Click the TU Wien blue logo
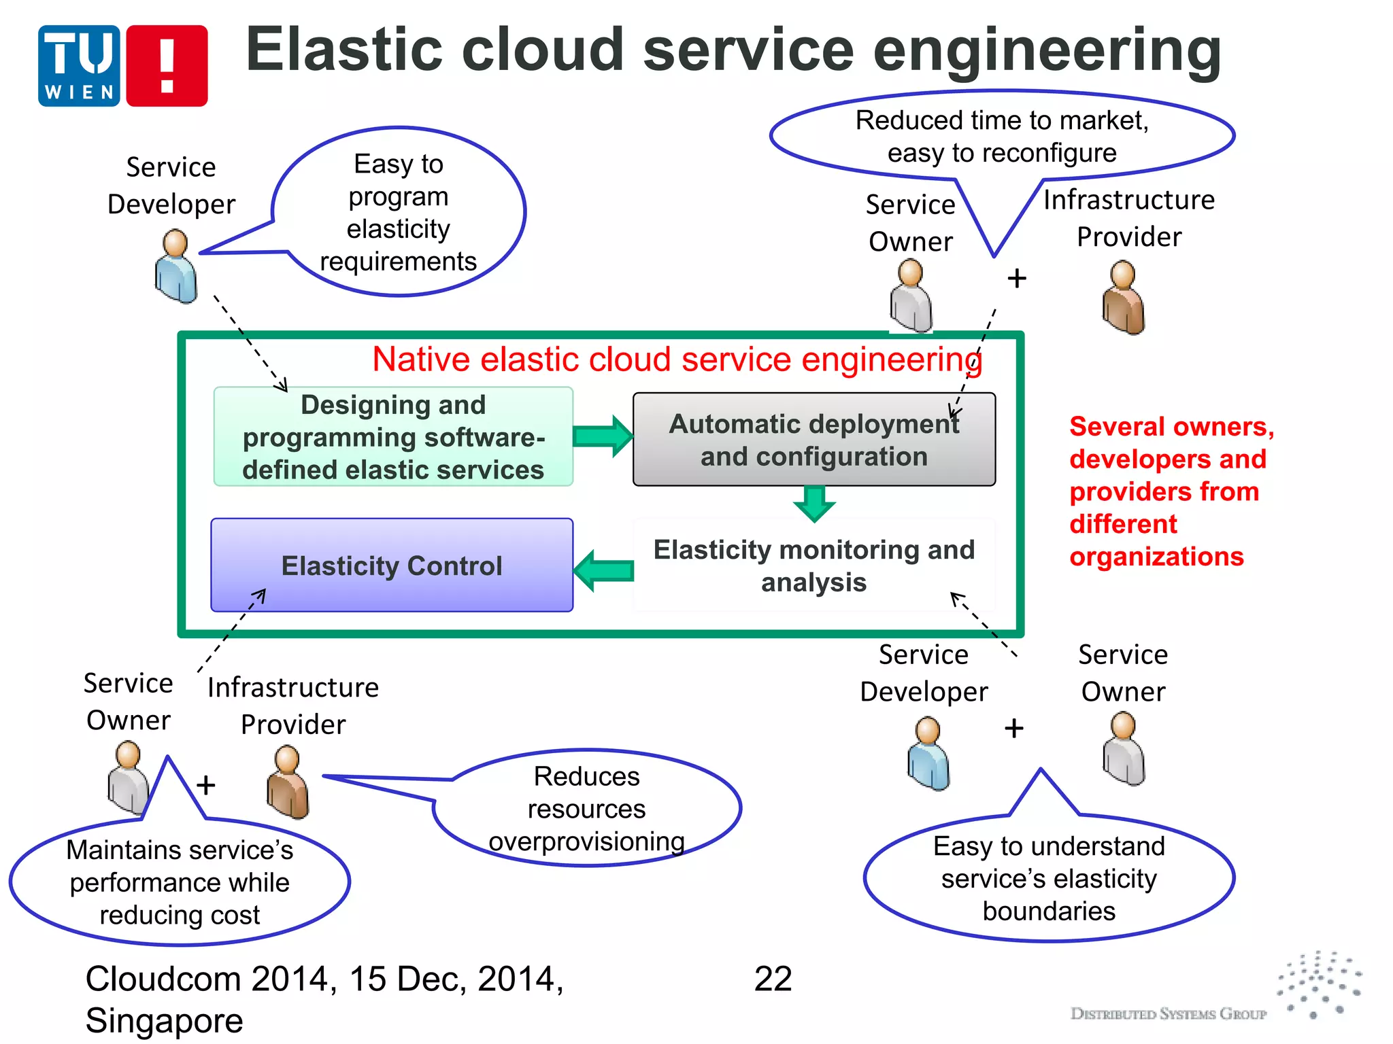click(x=79, y=66)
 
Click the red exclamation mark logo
click(x=167, y=66)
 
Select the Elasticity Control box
click(x=392, y=565)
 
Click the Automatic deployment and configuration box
click(x=813, y=440)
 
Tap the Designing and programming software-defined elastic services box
click(x=393, y=437)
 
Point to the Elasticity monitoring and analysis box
click(x=813, y=565)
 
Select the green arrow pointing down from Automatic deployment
click(x=814, y=504)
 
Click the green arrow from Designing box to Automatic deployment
click(x=603, y=436)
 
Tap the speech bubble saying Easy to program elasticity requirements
click(x=399, y=212)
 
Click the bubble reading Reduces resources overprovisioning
click(x=586, y=809)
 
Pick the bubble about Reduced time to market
click(x=1001, y=136)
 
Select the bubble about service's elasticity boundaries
click(x=1048, y=878)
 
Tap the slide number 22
click(x=773, y=979)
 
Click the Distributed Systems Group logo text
click(x=1168, y=1013)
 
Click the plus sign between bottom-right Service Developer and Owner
click(x=1013, y=729)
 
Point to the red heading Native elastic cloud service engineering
click(x=677, y=359)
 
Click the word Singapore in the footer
click(x=164, y=1020)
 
